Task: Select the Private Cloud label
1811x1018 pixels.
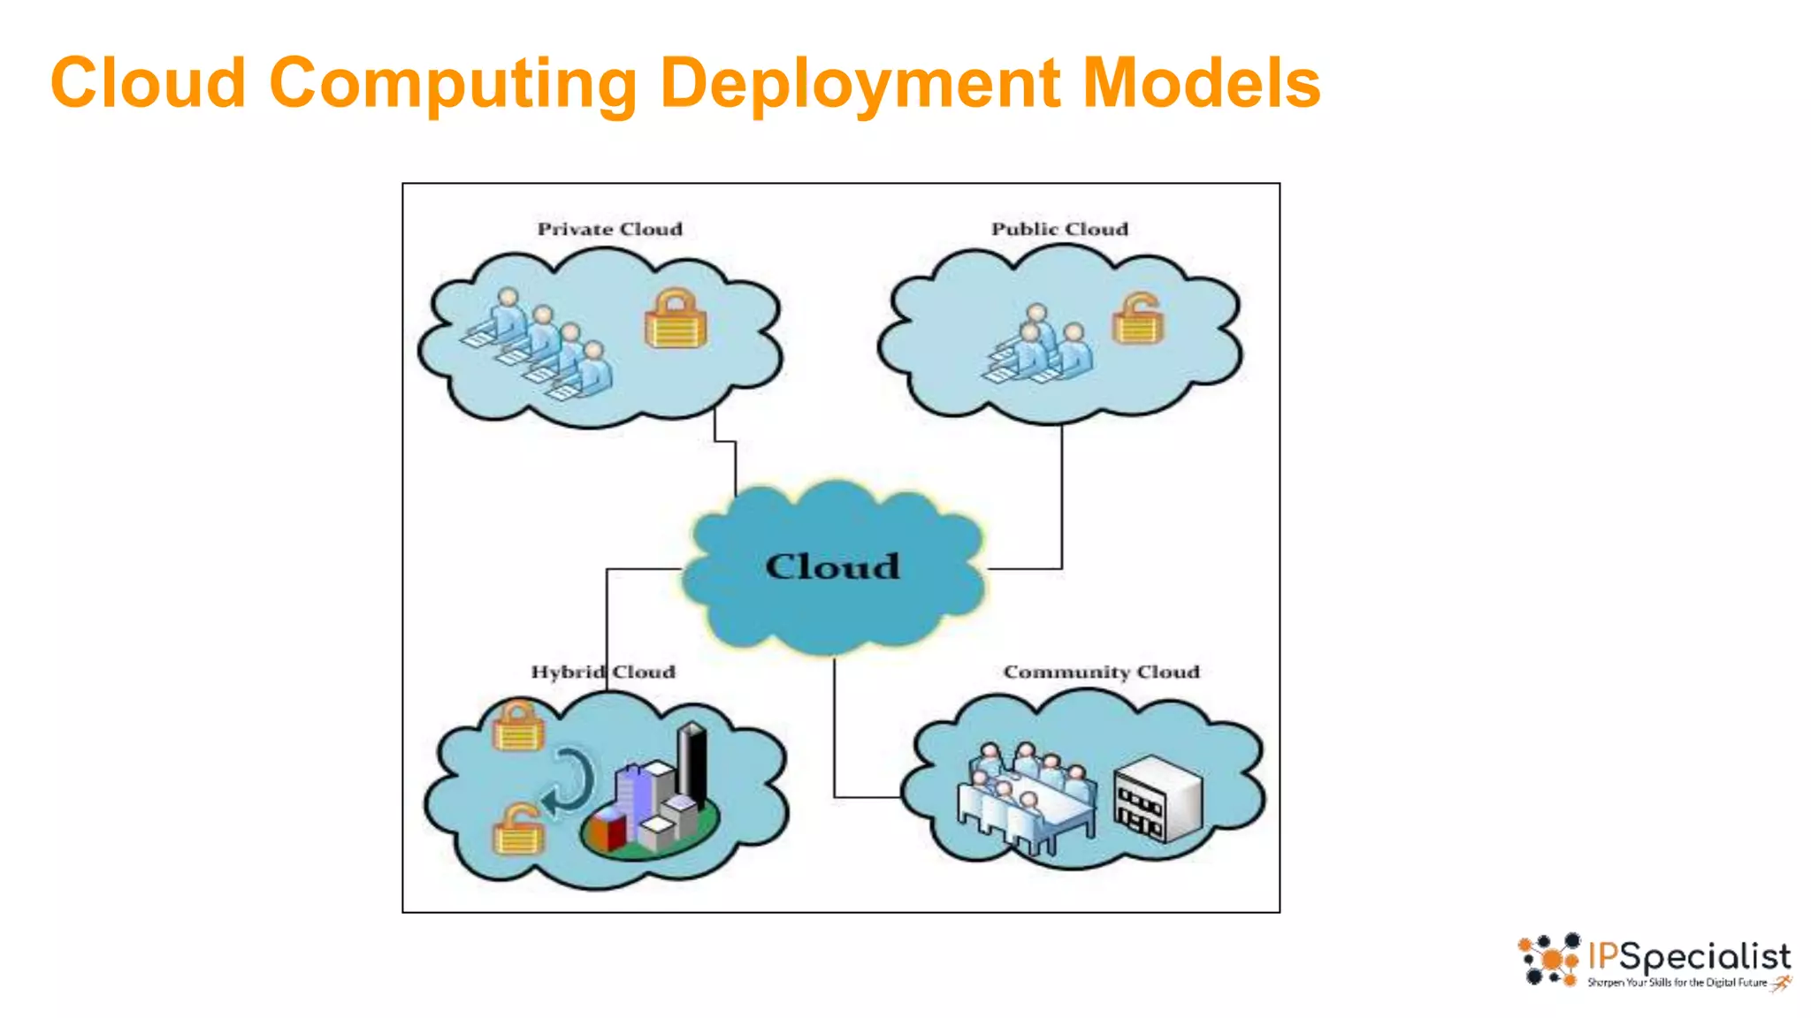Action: (609, 229)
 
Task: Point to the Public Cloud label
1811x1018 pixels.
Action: (1059, 229)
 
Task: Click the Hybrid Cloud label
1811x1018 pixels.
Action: (602, 672)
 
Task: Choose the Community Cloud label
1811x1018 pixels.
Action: (1101, 672)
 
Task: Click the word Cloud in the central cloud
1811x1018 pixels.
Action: (832, 566)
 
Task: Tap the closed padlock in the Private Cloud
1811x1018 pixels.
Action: (676, 319)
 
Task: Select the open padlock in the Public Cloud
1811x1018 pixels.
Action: (1138, 318)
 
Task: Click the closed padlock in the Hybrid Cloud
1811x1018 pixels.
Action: (518, 726)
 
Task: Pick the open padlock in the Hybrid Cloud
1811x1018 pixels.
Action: (518, 828)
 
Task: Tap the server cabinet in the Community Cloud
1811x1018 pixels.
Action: (1158, 799)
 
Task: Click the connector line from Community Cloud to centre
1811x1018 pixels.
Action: (834, 733)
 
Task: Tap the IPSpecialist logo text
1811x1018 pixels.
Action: (1689, 957)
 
